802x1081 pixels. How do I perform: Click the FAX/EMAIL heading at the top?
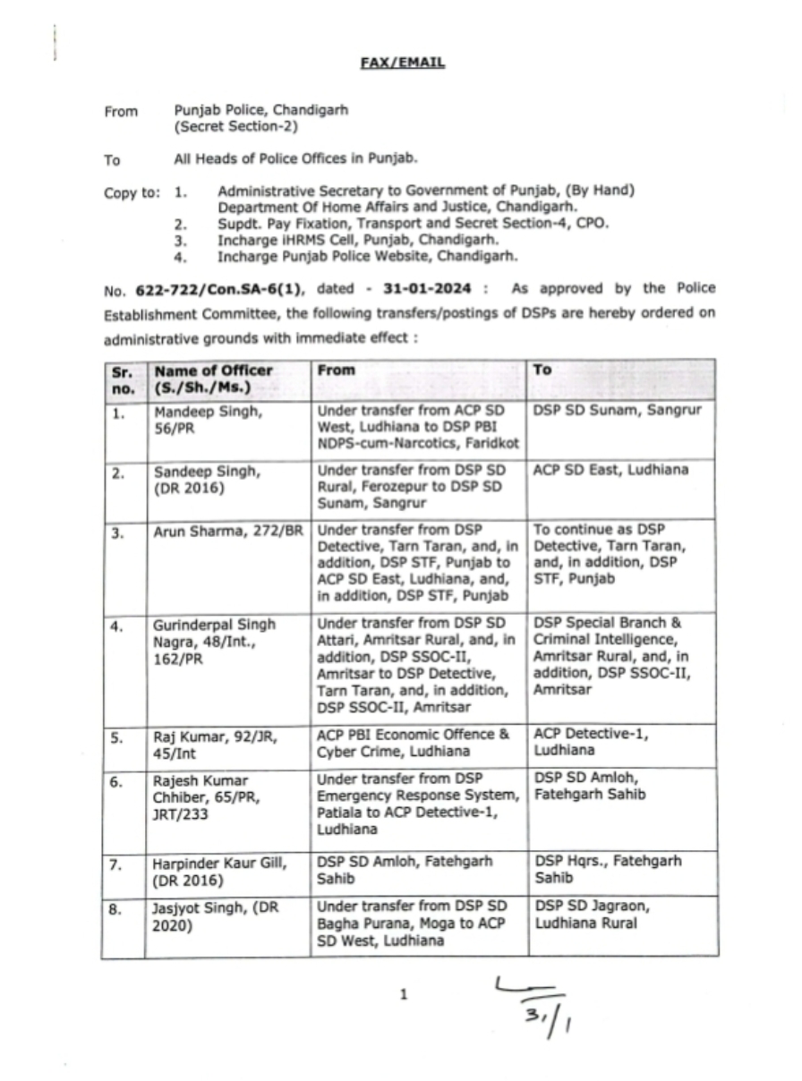coord(402,64)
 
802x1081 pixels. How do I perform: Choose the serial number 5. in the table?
coord(117,736)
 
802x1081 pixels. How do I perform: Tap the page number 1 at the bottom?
coord(404,993)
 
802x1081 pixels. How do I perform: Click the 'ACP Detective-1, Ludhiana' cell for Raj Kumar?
coord(592,743)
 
